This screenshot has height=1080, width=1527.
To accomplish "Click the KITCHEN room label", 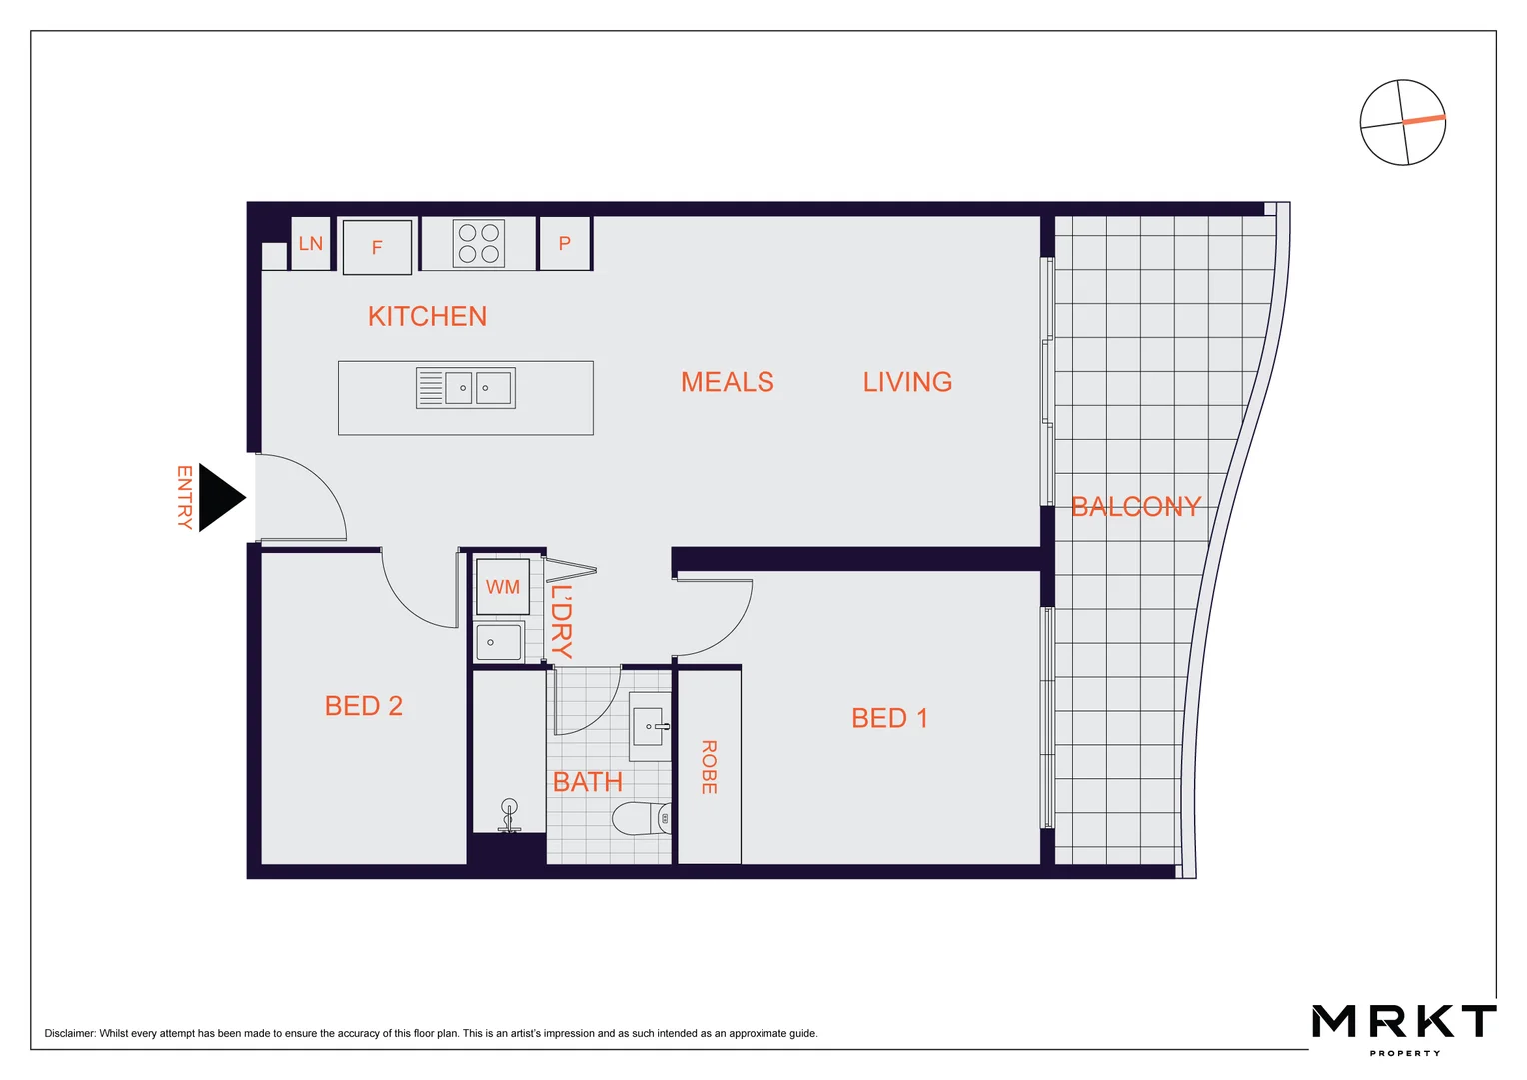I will point(427,317).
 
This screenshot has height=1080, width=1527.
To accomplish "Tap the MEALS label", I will point(727,382).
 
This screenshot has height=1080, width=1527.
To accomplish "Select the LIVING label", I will point(907,382).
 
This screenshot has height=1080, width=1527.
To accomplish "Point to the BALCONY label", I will point(1135,507).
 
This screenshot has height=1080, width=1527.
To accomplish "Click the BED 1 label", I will point(889,718).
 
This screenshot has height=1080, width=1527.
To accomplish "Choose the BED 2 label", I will point(363,706).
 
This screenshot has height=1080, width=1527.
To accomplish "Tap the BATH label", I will point(587,782).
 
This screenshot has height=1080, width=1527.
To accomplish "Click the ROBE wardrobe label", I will point(709,767).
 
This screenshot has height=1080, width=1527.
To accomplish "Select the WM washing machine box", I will point(502,587).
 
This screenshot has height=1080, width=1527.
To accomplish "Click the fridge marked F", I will point(377,247).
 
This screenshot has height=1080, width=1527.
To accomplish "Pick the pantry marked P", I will point(565,243).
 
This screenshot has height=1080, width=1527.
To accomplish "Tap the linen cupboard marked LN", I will point(310,244).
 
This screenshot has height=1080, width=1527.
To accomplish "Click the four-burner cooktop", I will point(479,243).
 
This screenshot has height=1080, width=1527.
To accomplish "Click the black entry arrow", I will point(220,497).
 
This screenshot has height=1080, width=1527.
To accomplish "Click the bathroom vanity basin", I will point(651,727).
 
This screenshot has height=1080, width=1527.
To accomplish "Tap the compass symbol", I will point(1402,123).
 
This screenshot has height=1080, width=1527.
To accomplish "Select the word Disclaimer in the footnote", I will point(70,1034).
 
